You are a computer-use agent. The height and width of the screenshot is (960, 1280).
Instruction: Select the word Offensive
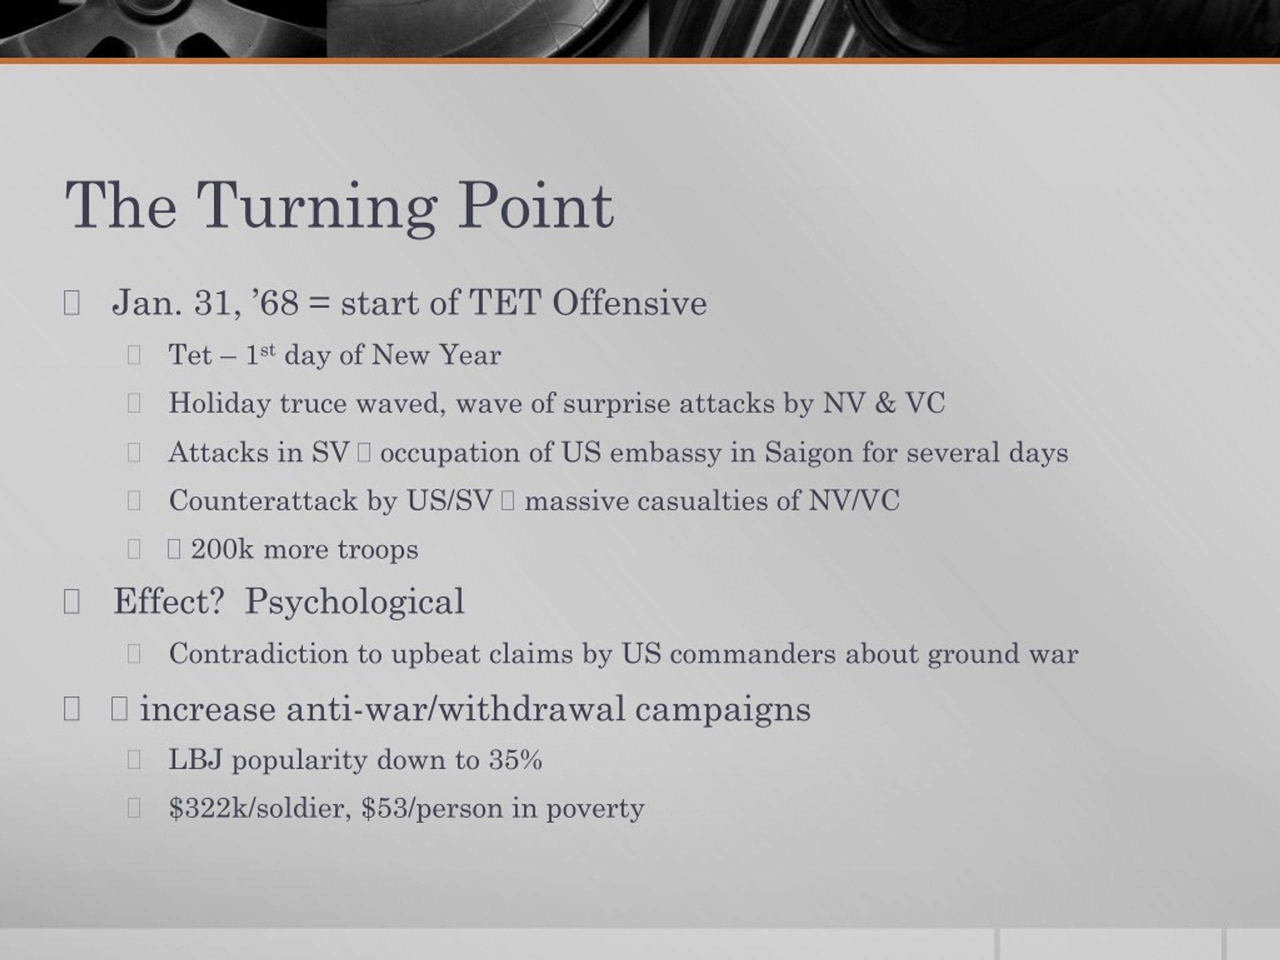point(629,302)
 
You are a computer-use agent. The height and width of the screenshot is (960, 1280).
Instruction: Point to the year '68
point(276,302)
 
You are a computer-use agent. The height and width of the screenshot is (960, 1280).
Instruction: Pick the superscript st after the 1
point(268,350)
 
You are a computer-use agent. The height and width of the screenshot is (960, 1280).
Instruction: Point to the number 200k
point(222,549)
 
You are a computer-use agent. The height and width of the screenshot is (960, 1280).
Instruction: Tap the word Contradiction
point(258,654)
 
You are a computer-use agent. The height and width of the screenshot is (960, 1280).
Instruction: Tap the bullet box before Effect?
point(71,602)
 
